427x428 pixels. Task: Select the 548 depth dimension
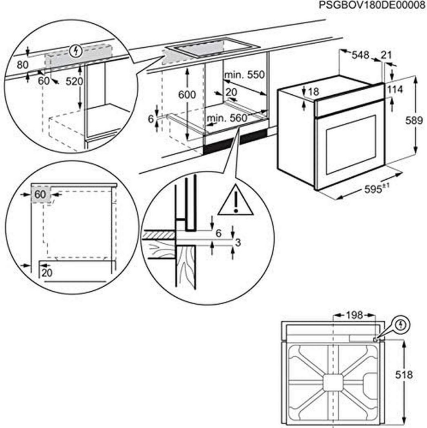(x=361, y=55)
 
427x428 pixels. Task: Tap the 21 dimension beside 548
(x=387, y=55)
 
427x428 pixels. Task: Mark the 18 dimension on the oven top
(x=313, y=92)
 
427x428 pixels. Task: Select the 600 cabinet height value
(x=187, y=95)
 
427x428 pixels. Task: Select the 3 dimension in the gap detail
(x=239, y=243)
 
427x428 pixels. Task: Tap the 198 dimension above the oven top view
(x=354, y=315)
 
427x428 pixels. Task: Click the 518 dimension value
(x=412, y=374)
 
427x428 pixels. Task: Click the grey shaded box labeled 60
(x=40, y=195)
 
